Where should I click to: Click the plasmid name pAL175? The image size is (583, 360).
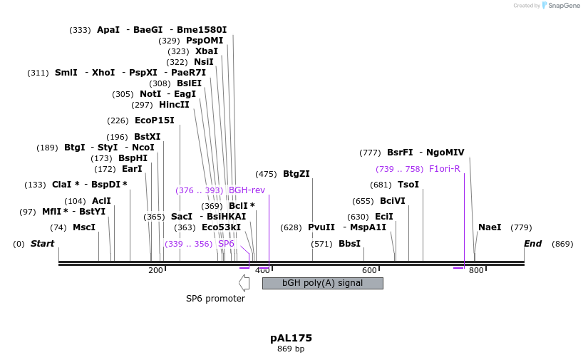pyautogui.click(x=291, y=338)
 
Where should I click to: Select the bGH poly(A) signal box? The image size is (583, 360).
pyautogui.click(x=322, y=283)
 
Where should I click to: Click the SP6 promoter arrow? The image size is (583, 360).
pyautogui.click(x=244, y=283)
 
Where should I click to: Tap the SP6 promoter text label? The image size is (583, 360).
pyautogui.click(x=215, y=299)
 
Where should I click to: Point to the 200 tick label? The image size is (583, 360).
pyautogui.click(x=155, y=270)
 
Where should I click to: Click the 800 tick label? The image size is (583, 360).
pyautogui.click(x=476, y=270)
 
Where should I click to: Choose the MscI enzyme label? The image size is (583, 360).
pyautogui.click(x=84, y=227)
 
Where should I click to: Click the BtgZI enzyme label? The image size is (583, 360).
pyautogui.click(x=296, y=174)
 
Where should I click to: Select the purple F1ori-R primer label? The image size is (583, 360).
pyautogui.click(x=444, y=169)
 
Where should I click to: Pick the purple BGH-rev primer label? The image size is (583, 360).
pyautogui.click(x=247, y=190)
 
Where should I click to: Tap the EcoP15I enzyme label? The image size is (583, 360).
pyautogui.click(x=155, y=120)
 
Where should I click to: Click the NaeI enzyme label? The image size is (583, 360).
pyautogui.click(x=490, y=227)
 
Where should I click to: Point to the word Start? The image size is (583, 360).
pyautogui.click(x=42, y=244)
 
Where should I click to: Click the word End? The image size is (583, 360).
pyautogui.click(x=532, y=244)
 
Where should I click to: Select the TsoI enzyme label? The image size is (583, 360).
pyautogui.click(x=408, y=185)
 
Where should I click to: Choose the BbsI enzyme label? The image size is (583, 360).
pyautogui.click(x=349, y=244)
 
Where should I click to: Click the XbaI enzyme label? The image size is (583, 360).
pyautogui.click(x=207, y=51)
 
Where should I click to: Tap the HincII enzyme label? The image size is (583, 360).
pyautogui.click(x=174, y=105)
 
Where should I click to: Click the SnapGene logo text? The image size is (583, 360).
pyautogui.click(x=564, y=6)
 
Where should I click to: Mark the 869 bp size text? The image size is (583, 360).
pyautogui.click(x=291, y=349)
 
